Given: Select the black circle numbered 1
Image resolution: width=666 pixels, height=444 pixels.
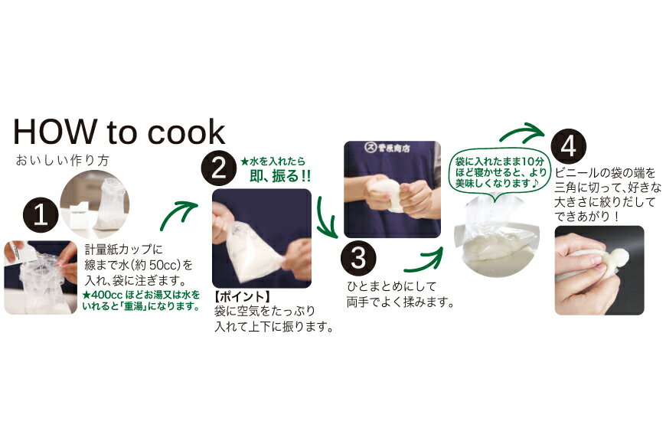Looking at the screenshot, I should [41, 215].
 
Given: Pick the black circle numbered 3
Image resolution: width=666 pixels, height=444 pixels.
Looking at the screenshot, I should [358, 258].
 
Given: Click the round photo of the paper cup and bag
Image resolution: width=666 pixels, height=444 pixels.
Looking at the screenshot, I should [94, 204].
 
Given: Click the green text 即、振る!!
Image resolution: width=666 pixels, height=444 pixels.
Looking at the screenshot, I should [280, 176].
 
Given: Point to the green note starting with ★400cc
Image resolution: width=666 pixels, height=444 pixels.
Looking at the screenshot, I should [142, 300].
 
